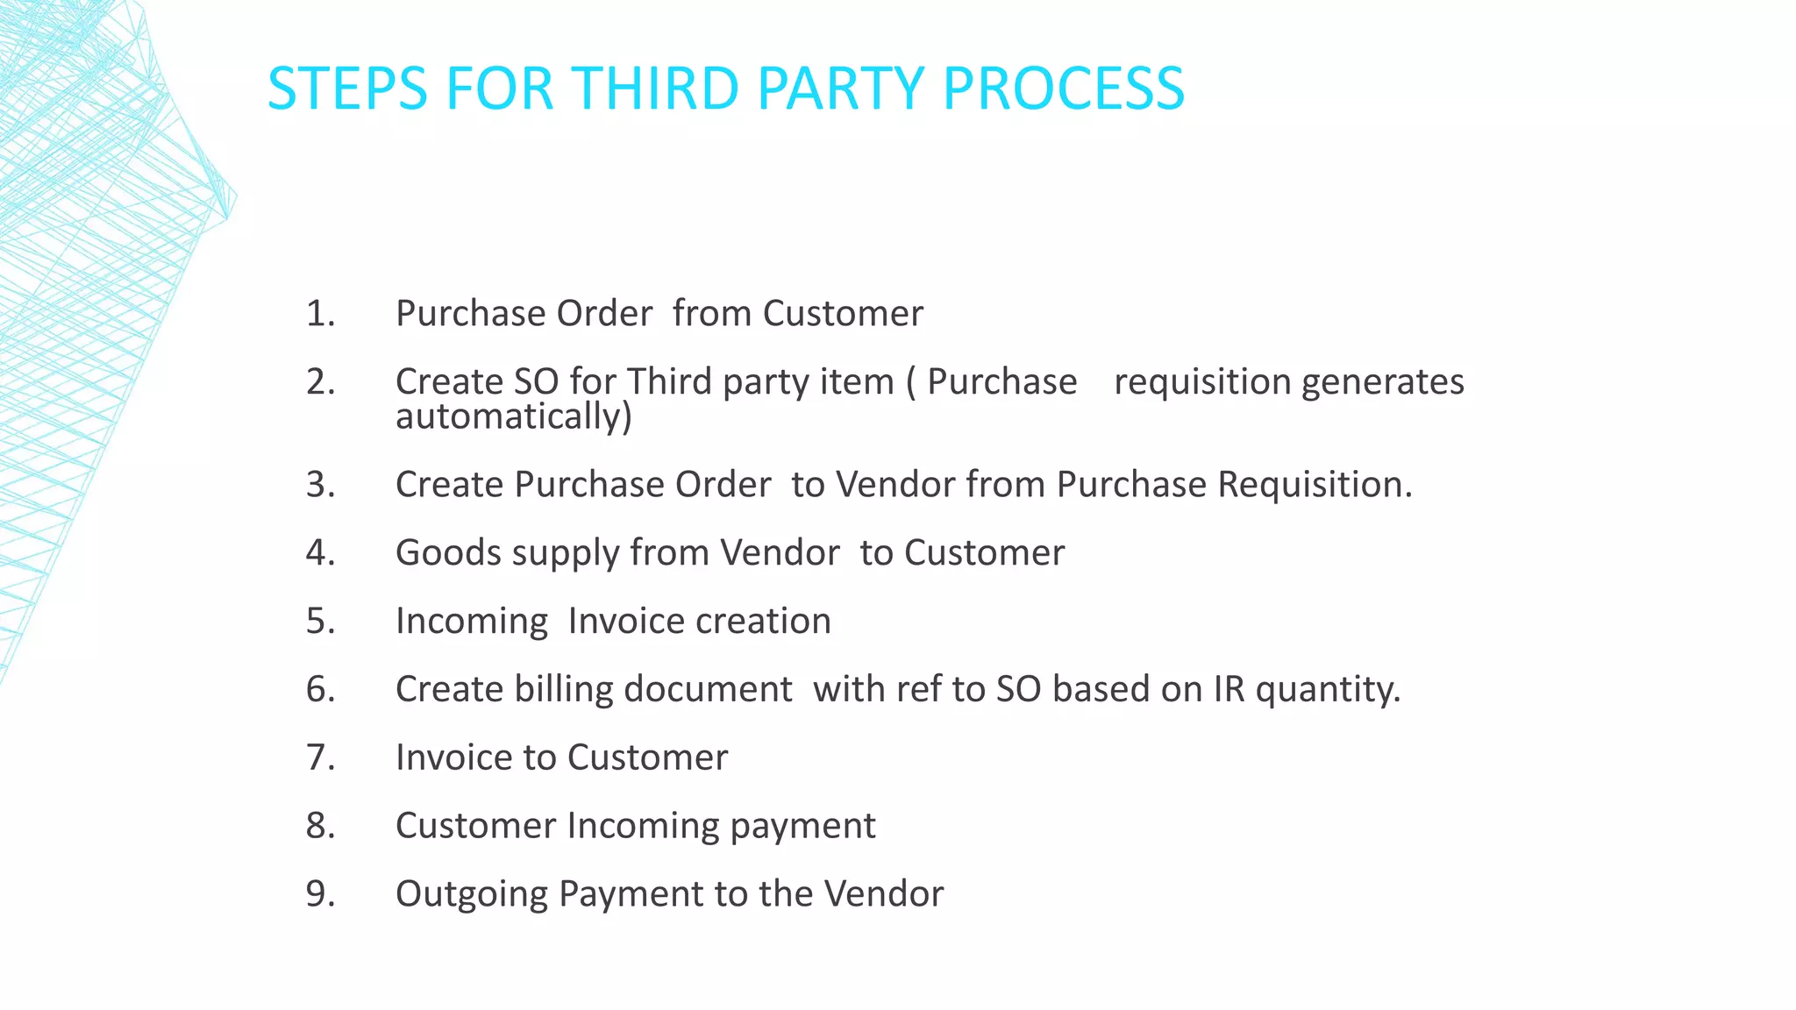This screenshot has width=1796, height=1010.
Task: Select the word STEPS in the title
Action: tap(347, 89)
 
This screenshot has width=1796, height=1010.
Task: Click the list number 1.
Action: tap(320, 314)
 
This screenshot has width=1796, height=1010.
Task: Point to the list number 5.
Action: tap(320, 621)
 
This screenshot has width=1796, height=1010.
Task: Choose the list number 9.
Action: tap(320, 894)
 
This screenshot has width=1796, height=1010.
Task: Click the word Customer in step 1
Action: tap(843, 314)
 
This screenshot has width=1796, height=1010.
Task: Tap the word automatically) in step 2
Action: tap(514, 416)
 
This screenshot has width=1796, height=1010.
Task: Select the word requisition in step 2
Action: tap(1202, 382)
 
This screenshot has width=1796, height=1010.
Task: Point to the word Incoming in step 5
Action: tap(472, 622)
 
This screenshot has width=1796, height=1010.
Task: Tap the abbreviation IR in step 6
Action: tap(1229, 689)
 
